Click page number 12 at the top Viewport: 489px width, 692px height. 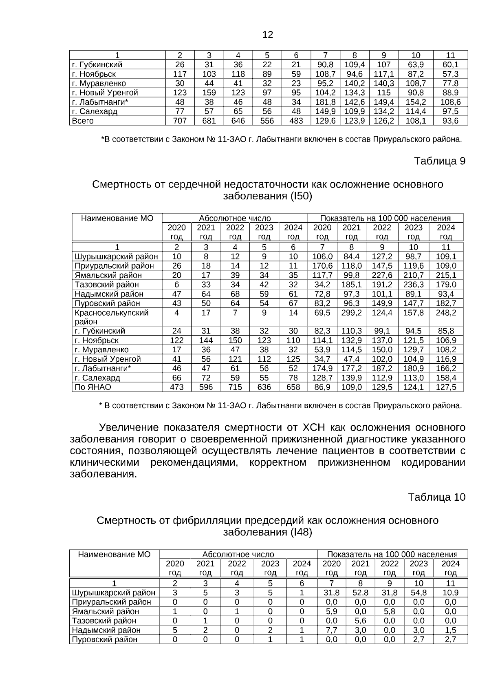268,35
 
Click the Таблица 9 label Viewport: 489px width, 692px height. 439,161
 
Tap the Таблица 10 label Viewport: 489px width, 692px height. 436,497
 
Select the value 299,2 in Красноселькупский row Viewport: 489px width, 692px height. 351,313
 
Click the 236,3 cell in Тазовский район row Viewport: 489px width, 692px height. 413,285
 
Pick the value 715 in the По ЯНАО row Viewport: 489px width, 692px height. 235,387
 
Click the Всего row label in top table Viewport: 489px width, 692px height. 83,121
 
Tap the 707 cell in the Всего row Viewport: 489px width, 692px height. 180,121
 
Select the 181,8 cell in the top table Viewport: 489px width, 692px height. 325,102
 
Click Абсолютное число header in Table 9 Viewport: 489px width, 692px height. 235,218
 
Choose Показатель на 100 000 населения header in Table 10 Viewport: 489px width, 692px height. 392,554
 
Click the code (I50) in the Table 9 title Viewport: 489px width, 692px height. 301,196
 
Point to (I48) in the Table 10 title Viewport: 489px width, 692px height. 301,532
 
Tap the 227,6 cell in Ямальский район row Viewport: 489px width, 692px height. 382,275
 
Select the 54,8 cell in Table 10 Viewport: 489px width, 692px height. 419,593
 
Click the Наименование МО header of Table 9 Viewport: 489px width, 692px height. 117,218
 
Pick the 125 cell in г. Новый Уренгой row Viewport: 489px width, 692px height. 293,359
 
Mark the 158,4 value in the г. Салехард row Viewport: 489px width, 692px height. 446,378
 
